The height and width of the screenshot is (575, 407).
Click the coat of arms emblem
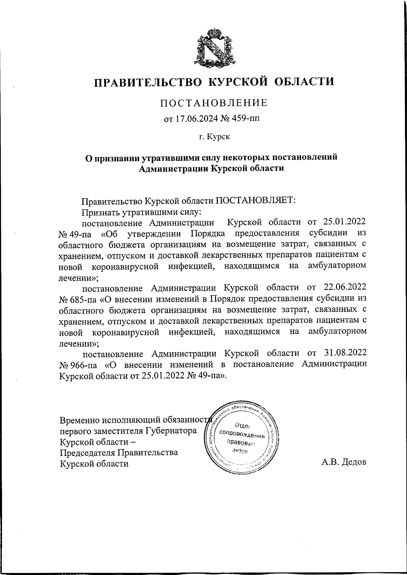[x=214, y=47]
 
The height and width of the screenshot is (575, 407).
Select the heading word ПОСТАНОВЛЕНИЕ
[x=214, y=103]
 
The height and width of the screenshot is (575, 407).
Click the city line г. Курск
[x=214, y=137]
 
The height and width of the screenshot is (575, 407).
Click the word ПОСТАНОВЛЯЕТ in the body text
[x=256, y=201]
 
